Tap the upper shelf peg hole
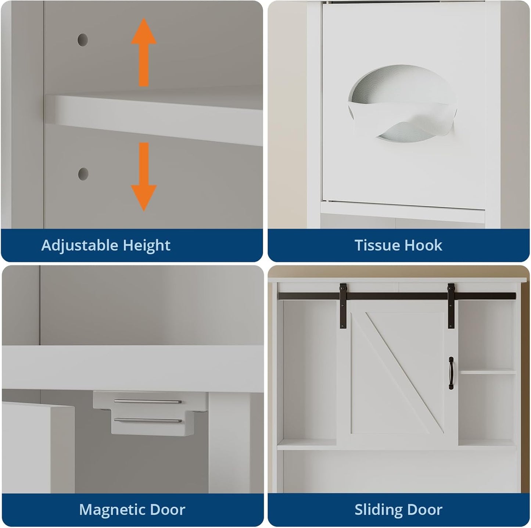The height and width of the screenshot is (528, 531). coord(83,40)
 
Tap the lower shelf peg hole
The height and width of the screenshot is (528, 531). coord(83,173)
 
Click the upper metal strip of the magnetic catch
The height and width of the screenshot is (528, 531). coord(147,402)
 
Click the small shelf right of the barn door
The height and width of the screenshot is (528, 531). coord(488,372)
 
